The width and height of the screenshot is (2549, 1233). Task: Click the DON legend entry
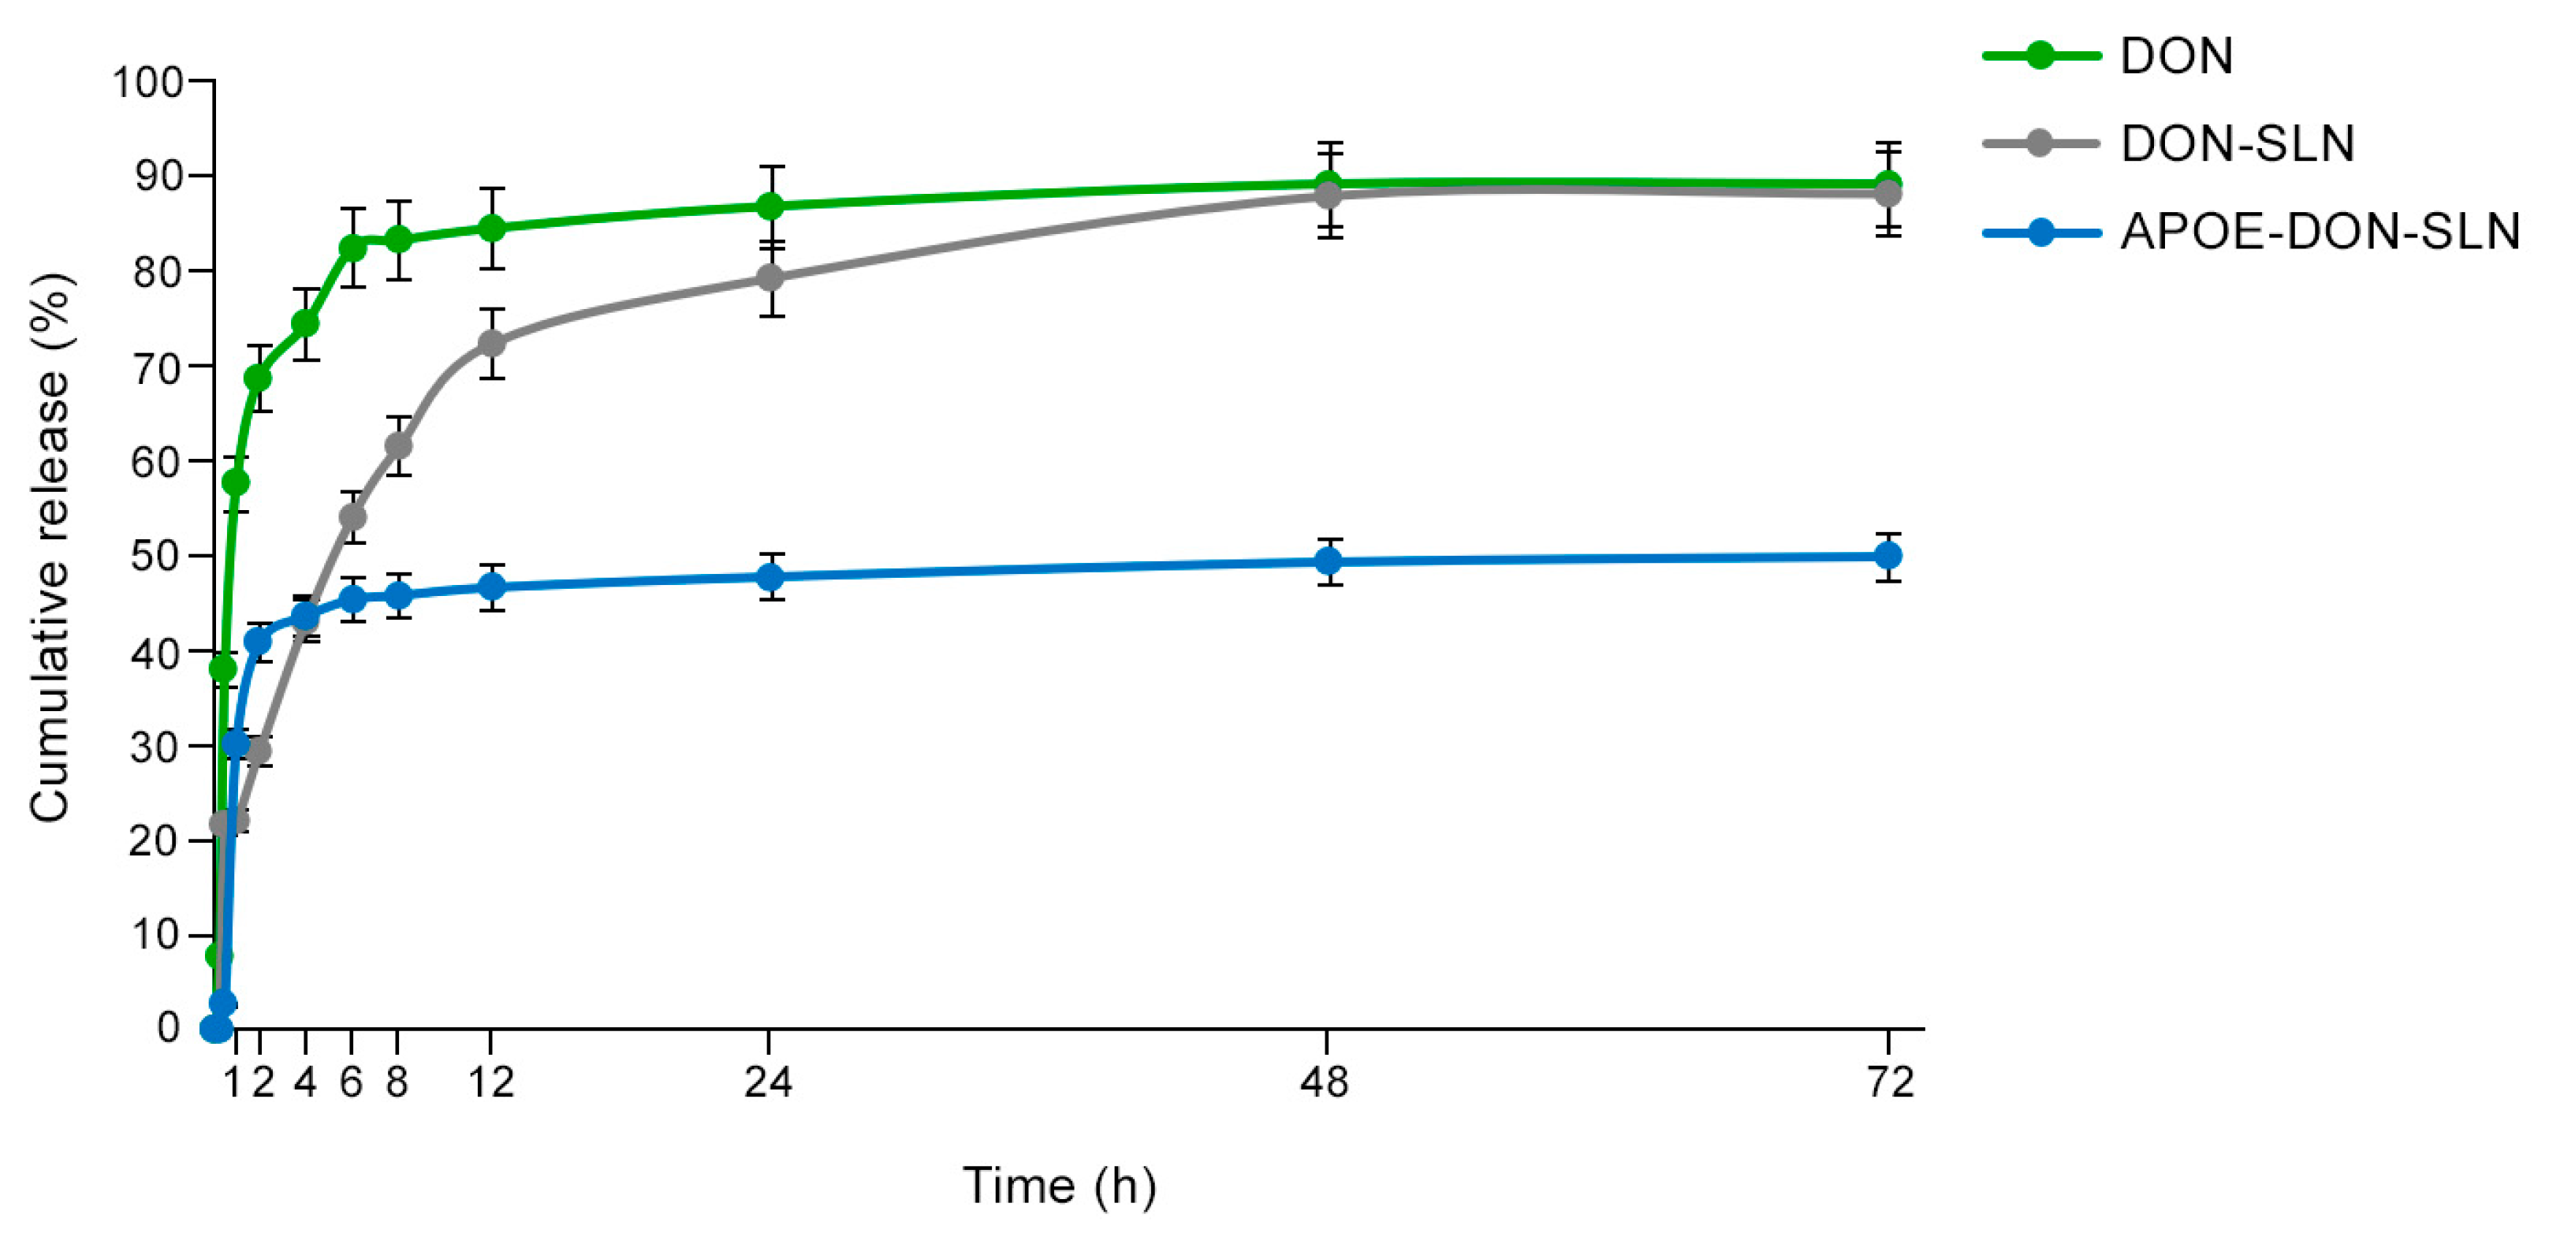click(x=2175, y=57)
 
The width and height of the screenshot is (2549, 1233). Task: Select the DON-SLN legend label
click(x=2236, y=144)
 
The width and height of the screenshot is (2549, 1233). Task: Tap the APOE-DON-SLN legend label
click(x=2319, y=233)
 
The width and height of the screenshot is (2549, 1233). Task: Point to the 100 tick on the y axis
click(x=147, y=82)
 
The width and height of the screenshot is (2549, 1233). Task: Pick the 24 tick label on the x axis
click(x=768, y=1082)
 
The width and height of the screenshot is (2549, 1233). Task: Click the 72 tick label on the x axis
click(x=1890, y=1082)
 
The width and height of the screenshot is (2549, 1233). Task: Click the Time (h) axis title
click(x=1059, y=1186)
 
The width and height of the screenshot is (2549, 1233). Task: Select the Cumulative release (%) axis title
click(x=50, y=547)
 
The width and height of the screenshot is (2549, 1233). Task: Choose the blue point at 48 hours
click(x=1329, y=562)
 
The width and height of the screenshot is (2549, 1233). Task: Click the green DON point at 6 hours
click(x=352, y=248)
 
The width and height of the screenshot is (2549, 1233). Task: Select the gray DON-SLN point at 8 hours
click(x=398, y=445)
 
